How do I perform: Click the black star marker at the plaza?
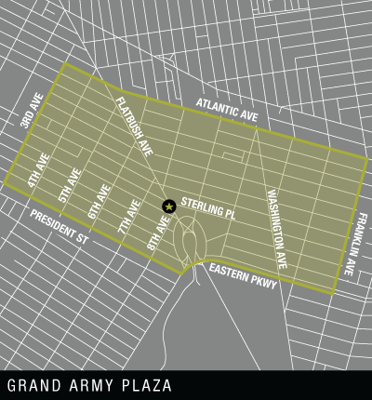click(168, 206)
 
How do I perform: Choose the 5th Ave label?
click(68, 186)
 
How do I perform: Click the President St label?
click(57, 227)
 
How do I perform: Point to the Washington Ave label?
click(277, 229)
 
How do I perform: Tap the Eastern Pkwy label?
click(243, 276)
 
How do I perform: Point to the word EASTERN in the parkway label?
click(229, 273)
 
